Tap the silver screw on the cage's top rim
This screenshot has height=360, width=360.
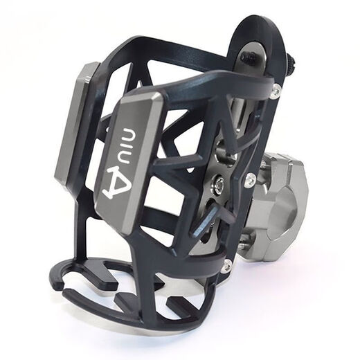point(276,88)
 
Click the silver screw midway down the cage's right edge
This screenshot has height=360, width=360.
point(249,180)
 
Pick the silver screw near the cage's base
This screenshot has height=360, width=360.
point(226,264)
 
